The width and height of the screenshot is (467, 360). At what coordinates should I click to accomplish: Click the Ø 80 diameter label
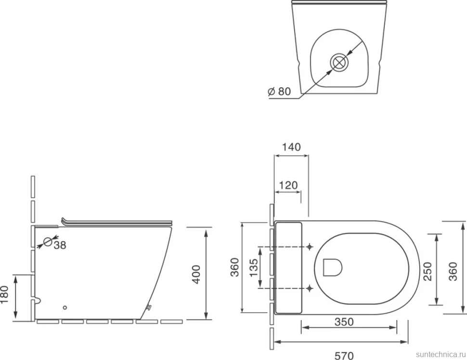[x=279, y=91]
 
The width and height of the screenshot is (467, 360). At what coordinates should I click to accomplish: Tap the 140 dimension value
[x=291, y=147]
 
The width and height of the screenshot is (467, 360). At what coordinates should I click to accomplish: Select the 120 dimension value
[x=288, y=186]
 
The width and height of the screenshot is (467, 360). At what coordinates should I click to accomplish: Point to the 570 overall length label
[x=344, y=356]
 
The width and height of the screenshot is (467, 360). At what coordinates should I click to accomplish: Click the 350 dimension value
[x=344, y=322]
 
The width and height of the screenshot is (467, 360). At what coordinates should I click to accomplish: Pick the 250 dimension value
[x=428, y=271]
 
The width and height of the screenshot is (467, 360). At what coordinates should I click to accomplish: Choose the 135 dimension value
[x=253, y=267]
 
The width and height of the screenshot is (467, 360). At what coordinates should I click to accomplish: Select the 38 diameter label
[x=60, y=245]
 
